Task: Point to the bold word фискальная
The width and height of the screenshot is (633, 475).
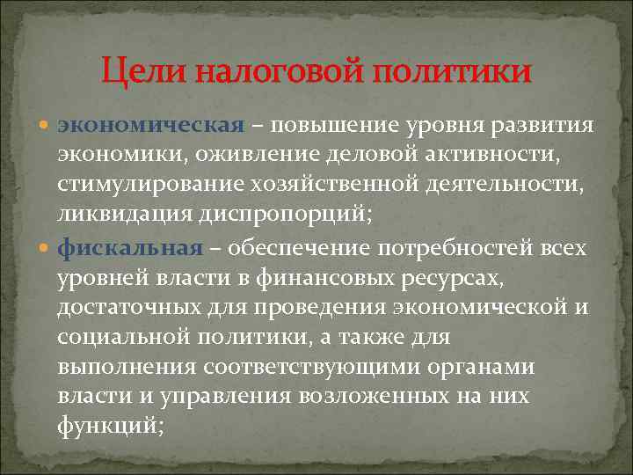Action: tap(129, 248)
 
